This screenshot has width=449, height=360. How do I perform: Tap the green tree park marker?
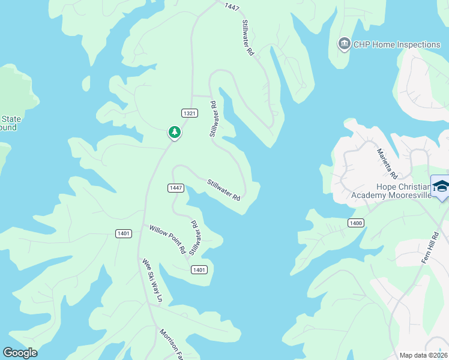(174, 132)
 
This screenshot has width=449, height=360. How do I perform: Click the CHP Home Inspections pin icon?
(344, 44)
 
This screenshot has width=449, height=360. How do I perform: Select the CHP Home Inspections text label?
(397, 44)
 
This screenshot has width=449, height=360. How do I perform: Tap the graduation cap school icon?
(441, 187)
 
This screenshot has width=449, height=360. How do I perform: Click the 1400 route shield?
(355, 223)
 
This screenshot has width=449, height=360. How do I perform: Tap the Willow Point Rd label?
(167, 239)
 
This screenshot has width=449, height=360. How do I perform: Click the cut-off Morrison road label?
(171, 344)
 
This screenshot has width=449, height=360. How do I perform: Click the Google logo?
(20, 352)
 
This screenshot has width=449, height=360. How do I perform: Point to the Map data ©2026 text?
(423, 355)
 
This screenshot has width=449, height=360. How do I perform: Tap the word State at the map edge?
(11, 119)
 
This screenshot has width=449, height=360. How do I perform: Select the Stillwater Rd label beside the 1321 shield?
(214, 119)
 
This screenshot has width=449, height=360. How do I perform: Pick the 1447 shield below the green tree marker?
(175, 188)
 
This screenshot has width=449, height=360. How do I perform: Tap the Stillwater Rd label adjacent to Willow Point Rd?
(194, 238)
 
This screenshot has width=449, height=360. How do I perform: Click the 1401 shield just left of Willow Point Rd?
(124, 233)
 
